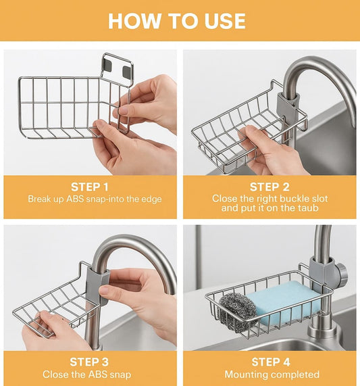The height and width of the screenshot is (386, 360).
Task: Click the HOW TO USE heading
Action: pyautogui.click(x=176, y=20)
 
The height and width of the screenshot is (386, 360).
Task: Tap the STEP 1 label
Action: pyautogui.click(x=95, y=187)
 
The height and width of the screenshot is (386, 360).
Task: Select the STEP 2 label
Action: pyautogui.click(x=270, y=187)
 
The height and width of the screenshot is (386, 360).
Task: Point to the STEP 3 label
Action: pyautogui.click(x=95, y=362)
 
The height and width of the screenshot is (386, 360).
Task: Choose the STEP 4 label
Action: pyautogui.click(x=270, y=362)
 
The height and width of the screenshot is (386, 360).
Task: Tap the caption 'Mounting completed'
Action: pyautogui.click(x=272, y=374)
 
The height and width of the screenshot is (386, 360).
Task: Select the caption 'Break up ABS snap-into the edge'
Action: pyautogui.click(x=95, y=199)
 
